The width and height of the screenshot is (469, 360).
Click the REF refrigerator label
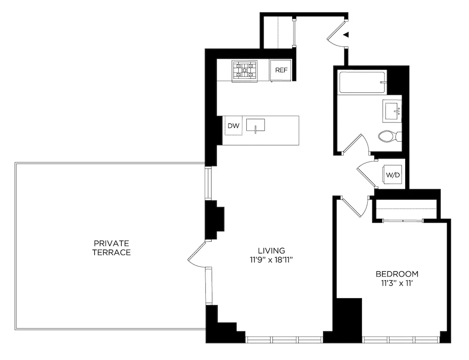[x=281, y=70]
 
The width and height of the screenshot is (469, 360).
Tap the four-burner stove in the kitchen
[x=244, y=70]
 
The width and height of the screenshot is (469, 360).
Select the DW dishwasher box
[x=233, y=126]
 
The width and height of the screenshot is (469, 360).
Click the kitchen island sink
[x=256, y=125]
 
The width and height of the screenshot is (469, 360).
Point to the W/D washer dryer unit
[x=393, y=175]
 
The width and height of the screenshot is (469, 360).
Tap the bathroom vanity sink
[x=392, y=110]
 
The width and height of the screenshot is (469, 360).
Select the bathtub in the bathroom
[x=362, y=82]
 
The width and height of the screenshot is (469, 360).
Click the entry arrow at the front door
[x=346, y=34]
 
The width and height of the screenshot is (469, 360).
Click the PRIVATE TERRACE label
[x=112, y=247]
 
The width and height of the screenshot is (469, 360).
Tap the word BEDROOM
[x=397, y=274]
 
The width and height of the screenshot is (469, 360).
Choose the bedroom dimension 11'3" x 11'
[x=397, y=283]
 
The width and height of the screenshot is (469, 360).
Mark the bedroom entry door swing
[x=353, y=207]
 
